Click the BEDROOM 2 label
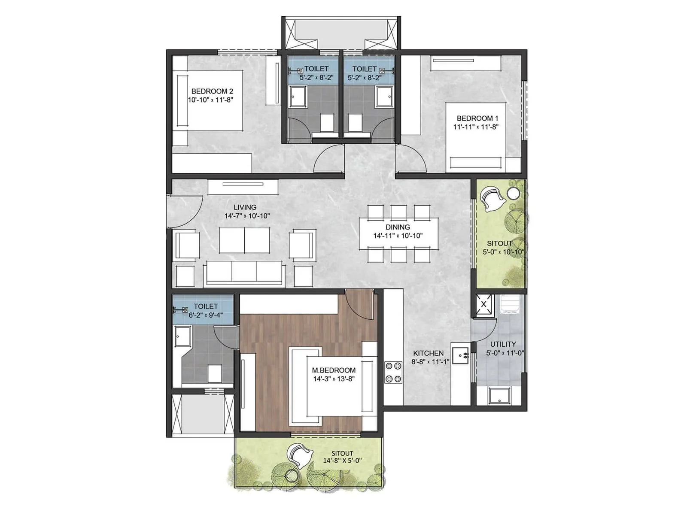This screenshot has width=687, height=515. (212, 91)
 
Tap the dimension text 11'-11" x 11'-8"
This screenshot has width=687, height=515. (476, 127)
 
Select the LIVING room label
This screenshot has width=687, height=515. (245, 207)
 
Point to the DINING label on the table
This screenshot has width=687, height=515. (398, 227)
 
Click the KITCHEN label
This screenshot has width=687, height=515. (428, 353)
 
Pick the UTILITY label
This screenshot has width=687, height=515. (503, 344)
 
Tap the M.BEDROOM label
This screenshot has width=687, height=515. (334, 370)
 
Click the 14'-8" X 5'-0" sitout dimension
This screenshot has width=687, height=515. (342, 461)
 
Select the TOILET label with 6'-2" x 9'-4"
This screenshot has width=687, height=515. (206, 306)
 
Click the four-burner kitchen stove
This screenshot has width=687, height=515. (393, 373)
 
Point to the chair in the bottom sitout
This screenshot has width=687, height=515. (300, 456)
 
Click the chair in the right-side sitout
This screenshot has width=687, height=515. (491, 199)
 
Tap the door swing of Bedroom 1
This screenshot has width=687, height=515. (410, 159)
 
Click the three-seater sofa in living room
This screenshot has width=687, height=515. (244, 273)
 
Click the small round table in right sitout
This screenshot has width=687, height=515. (513, 193)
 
